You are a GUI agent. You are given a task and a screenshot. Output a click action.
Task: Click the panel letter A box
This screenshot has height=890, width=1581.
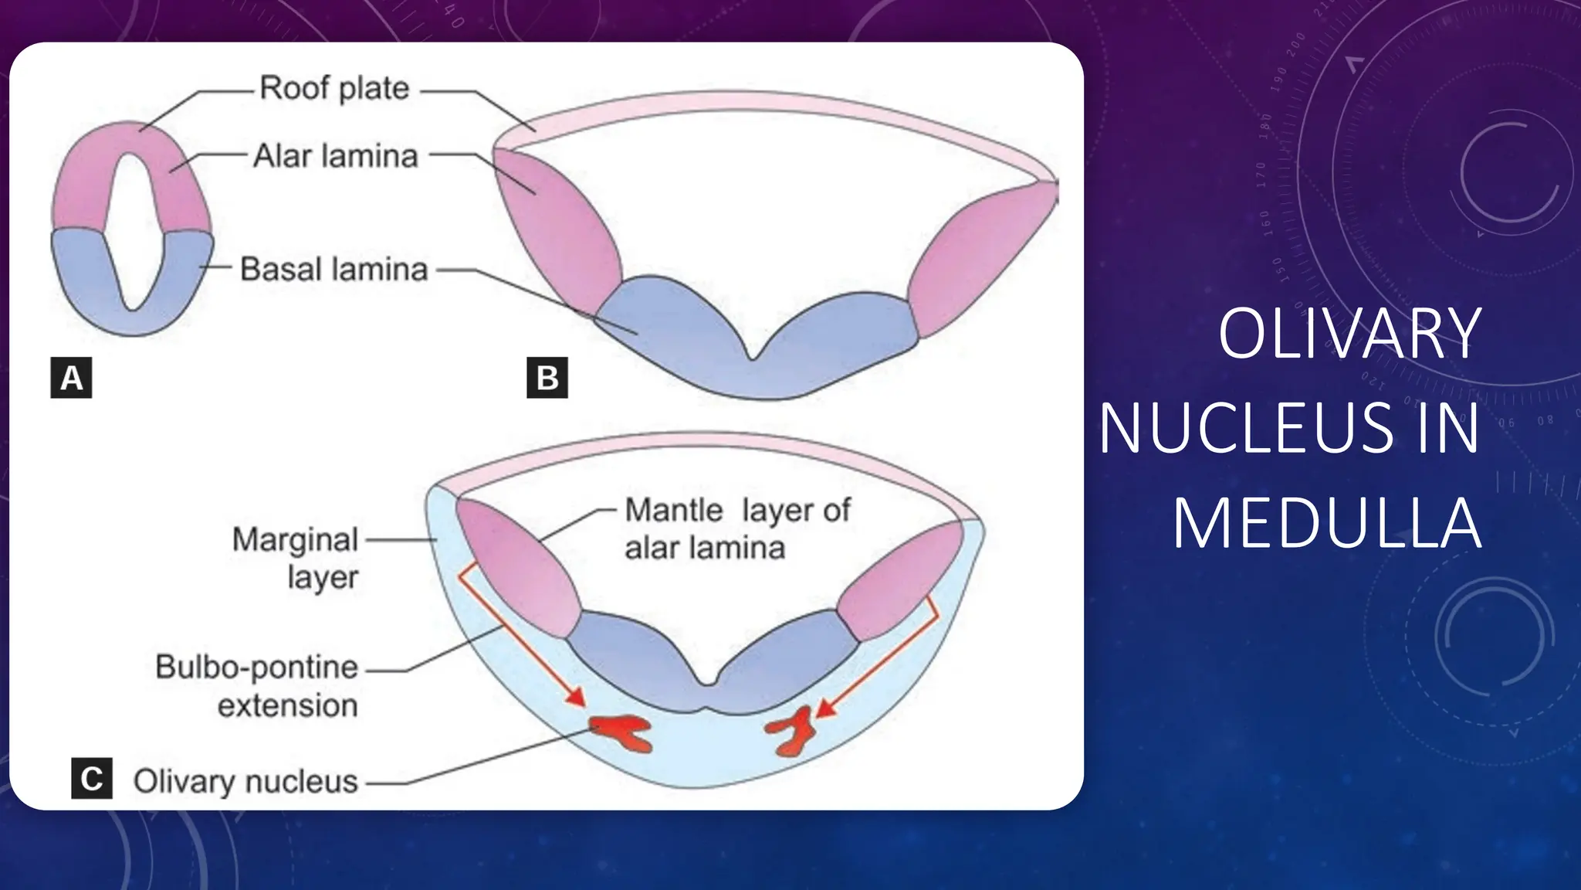71,378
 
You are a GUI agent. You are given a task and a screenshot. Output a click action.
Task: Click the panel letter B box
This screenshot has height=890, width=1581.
547,378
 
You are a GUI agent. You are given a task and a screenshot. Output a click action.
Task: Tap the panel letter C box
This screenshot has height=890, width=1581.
92,778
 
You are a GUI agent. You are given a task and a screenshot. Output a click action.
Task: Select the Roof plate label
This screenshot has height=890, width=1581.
334,88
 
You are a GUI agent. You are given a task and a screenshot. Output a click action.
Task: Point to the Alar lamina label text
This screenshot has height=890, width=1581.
336,156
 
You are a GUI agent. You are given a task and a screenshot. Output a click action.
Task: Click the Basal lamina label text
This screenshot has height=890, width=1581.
333,270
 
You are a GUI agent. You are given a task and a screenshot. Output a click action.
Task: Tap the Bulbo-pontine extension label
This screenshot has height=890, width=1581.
258,686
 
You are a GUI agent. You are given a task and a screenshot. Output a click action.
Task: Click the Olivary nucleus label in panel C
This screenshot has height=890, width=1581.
245,781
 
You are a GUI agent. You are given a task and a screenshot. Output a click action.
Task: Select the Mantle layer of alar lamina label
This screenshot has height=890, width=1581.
736,529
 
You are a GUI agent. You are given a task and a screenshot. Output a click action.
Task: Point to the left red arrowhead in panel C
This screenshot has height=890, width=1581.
575,697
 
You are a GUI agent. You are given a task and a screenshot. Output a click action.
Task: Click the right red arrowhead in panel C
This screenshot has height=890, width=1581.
825,707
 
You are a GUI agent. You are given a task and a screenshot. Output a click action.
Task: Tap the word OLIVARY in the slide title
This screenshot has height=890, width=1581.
1349,334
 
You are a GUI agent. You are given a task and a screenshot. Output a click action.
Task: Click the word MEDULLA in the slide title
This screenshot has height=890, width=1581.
1326,525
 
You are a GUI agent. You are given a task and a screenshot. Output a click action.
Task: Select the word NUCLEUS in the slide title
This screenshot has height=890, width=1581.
1246,429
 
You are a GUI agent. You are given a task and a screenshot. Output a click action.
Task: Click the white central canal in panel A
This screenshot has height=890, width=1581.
134,232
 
